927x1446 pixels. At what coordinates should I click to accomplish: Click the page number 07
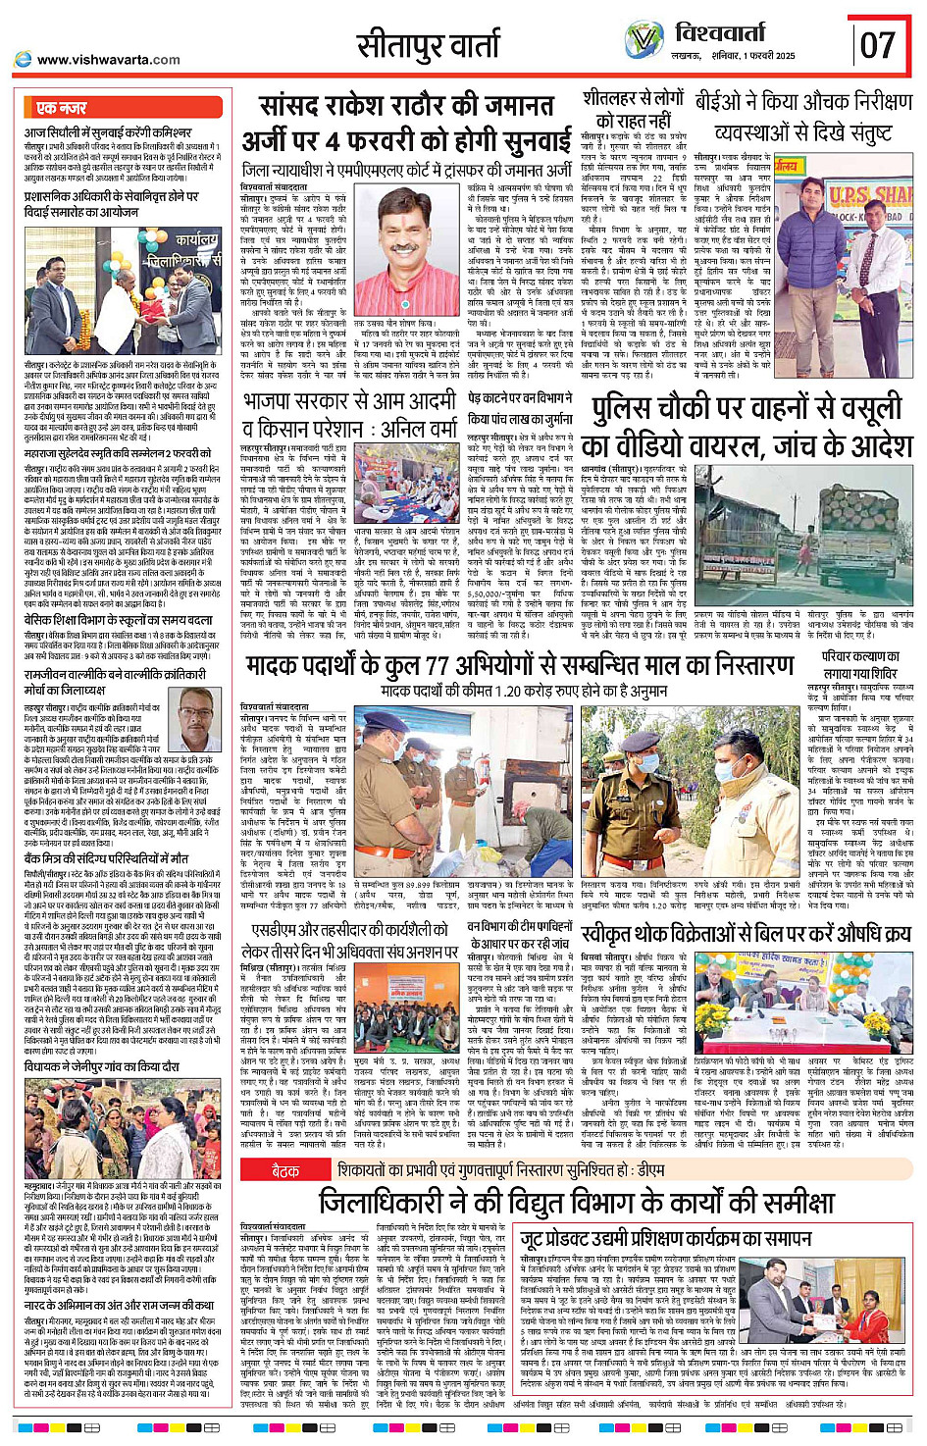pos(878,44)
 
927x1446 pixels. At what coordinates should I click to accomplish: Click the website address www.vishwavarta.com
pos(108,60)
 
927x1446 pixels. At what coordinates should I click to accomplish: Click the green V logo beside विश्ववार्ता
pos(644,40)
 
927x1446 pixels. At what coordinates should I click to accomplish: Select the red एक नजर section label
pos(61,108)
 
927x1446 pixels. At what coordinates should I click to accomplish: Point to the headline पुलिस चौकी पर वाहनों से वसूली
pos(747,410)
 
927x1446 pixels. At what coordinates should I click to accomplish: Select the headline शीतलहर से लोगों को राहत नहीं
pos(633,109)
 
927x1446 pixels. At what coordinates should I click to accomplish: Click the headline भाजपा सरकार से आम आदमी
pos(350,402)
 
